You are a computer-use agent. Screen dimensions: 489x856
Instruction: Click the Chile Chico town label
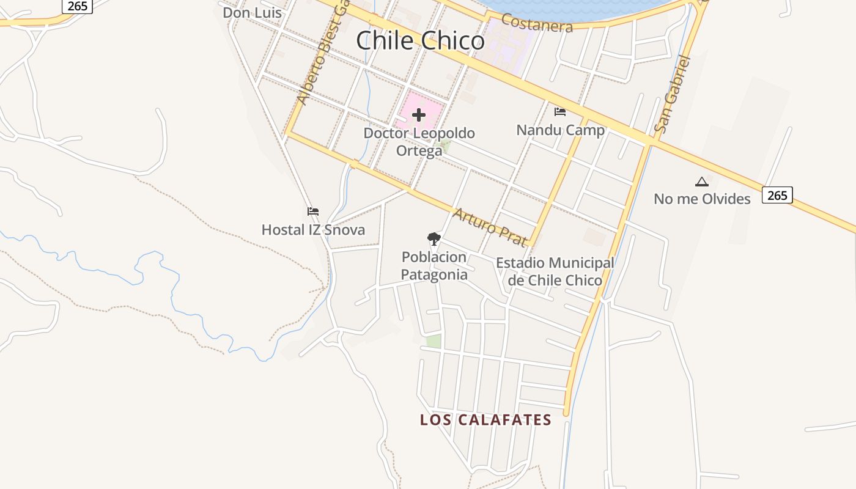tap(420, 41)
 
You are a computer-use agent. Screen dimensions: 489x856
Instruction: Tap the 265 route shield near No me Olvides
tap(777, 195)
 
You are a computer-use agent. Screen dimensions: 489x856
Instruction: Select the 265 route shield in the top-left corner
tap(77, 6)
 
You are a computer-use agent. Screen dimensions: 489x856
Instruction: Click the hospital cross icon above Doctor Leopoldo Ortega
tap(419, 115)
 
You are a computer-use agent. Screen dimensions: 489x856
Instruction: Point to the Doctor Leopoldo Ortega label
tap(419, 141)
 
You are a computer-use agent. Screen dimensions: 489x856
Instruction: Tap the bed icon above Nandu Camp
tap(559, 112)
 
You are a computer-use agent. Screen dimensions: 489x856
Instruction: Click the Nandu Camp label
tap(560, 130)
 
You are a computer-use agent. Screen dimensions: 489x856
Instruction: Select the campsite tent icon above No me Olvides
tap(701, 182)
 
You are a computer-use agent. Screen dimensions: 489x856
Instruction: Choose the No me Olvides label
tap(702, 199)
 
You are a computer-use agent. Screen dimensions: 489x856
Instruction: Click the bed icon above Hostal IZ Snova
tap(313, 211)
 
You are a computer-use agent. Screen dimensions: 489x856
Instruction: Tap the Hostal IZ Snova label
tap(313, 230)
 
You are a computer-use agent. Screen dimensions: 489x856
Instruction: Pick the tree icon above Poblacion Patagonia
tap(434, 238)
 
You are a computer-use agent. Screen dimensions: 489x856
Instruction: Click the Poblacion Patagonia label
tap(434, 266)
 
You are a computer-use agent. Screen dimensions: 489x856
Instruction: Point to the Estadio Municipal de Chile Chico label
tap(555, 271)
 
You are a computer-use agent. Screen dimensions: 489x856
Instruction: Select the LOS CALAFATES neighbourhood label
tap(485, 420)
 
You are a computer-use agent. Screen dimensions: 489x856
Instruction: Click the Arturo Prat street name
tap(490, 227)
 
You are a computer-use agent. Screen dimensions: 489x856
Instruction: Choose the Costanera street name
tap(537, 23)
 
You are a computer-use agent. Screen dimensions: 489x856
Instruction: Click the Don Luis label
tap(252, 12)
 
